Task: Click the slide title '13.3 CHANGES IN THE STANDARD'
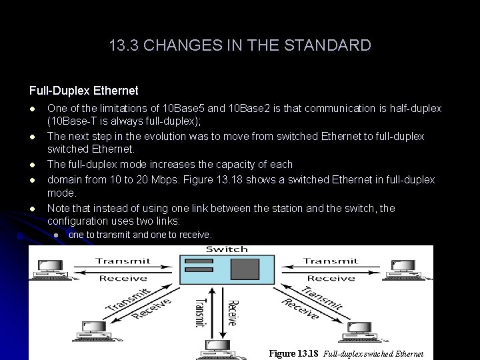(240, 45)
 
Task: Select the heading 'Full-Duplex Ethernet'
(84, 90)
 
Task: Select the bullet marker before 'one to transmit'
(57, 235)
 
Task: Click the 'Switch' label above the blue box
(227, 250)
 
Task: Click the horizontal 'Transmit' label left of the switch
(123, 261)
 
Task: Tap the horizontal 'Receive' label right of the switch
(331, 278)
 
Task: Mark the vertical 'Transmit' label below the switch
(199, 312)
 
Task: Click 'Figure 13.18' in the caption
(293, 353)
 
